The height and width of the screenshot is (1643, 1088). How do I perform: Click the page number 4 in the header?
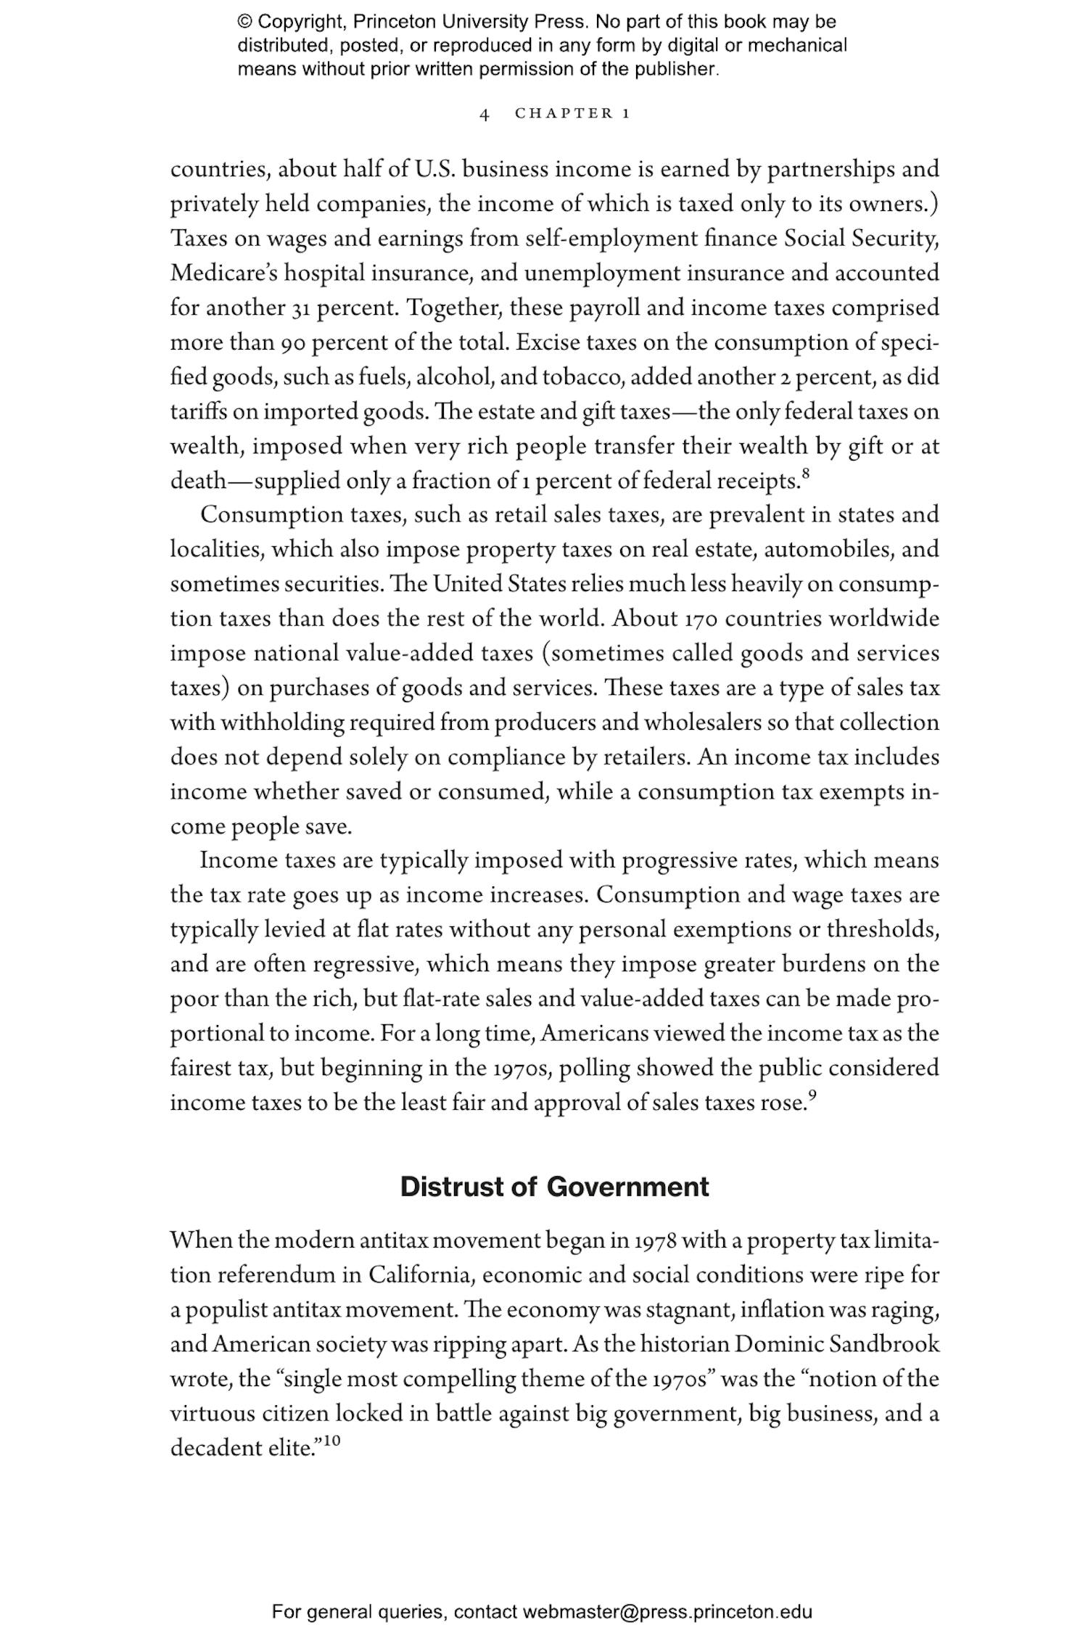[x=484, y=114]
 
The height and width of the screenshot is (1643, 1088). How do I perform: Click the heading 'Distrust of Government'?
[x=554, y=1187]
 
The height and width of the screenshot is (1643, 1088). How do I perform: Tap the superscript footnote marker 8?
[x=805, y=474]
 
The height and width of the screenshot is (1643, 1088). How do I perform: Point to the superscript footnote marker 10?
[x=331, y=1441]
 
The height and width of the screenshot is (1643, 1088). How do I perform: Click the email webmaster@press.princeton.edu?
[x=667, y=1612]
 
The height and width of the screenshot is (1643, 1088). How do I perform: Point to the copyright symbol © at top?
[x=244, y=22]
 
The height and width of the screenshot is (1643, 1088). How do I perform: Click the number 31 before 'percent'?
[x=301, y=308]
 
